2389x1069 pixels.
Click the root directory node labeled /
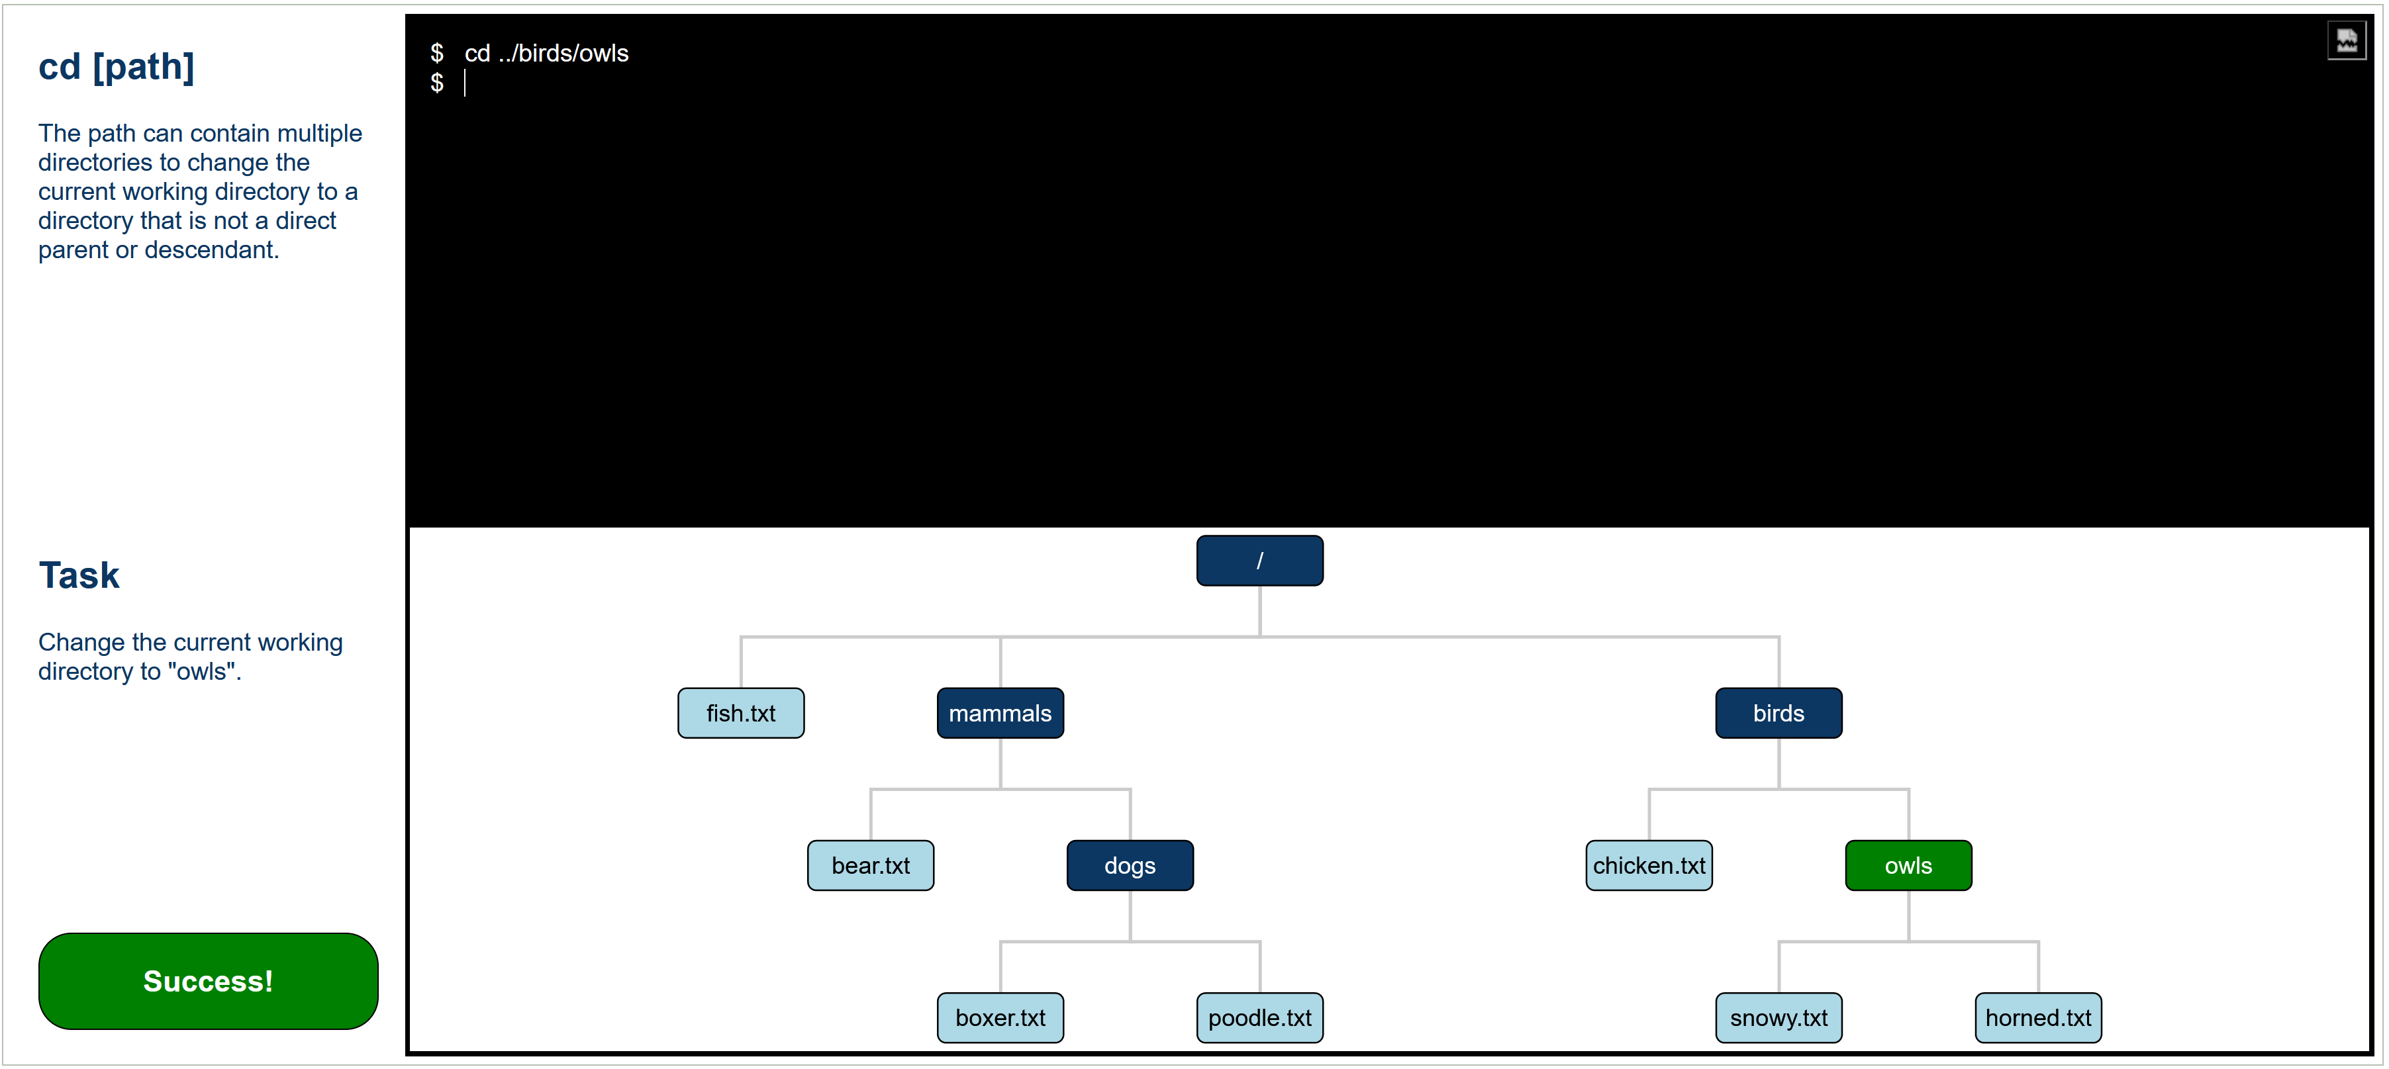1259,560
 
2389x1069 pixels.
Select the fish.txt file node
741,713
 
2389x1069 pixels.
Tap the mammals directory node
1000,713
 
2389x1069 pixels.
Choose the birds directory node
1779,713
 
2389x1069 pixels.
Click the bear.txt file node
871,865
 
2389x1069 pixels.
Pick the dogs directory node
1130,865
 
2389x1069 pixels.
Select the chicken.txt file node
1649,865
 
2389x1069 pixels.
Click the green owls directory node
1908,865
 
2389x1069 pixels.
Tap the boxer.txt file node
1000,1017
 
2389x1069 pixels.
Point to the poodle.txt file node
1259,1017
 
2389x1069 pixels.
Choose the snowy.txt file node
1779,1017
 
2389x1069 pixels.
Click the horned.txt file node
2039,1017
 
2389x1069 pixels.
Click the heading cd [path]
116,67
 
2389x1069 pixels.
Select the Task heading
79,575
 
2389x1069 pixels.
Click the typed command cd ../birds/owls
546,54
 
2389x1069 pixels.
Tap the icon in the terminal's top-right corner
2347,41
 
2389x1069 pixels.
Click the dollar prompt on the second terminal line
437,83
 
